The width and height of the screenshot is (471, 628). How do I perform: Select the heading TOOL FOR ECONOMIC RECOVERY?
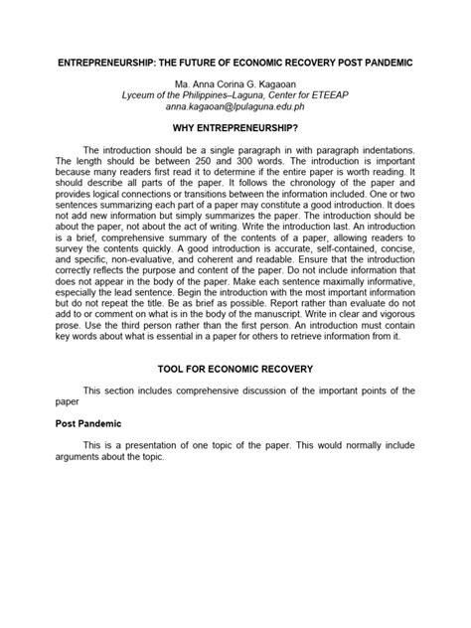[x=235, y=368]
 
